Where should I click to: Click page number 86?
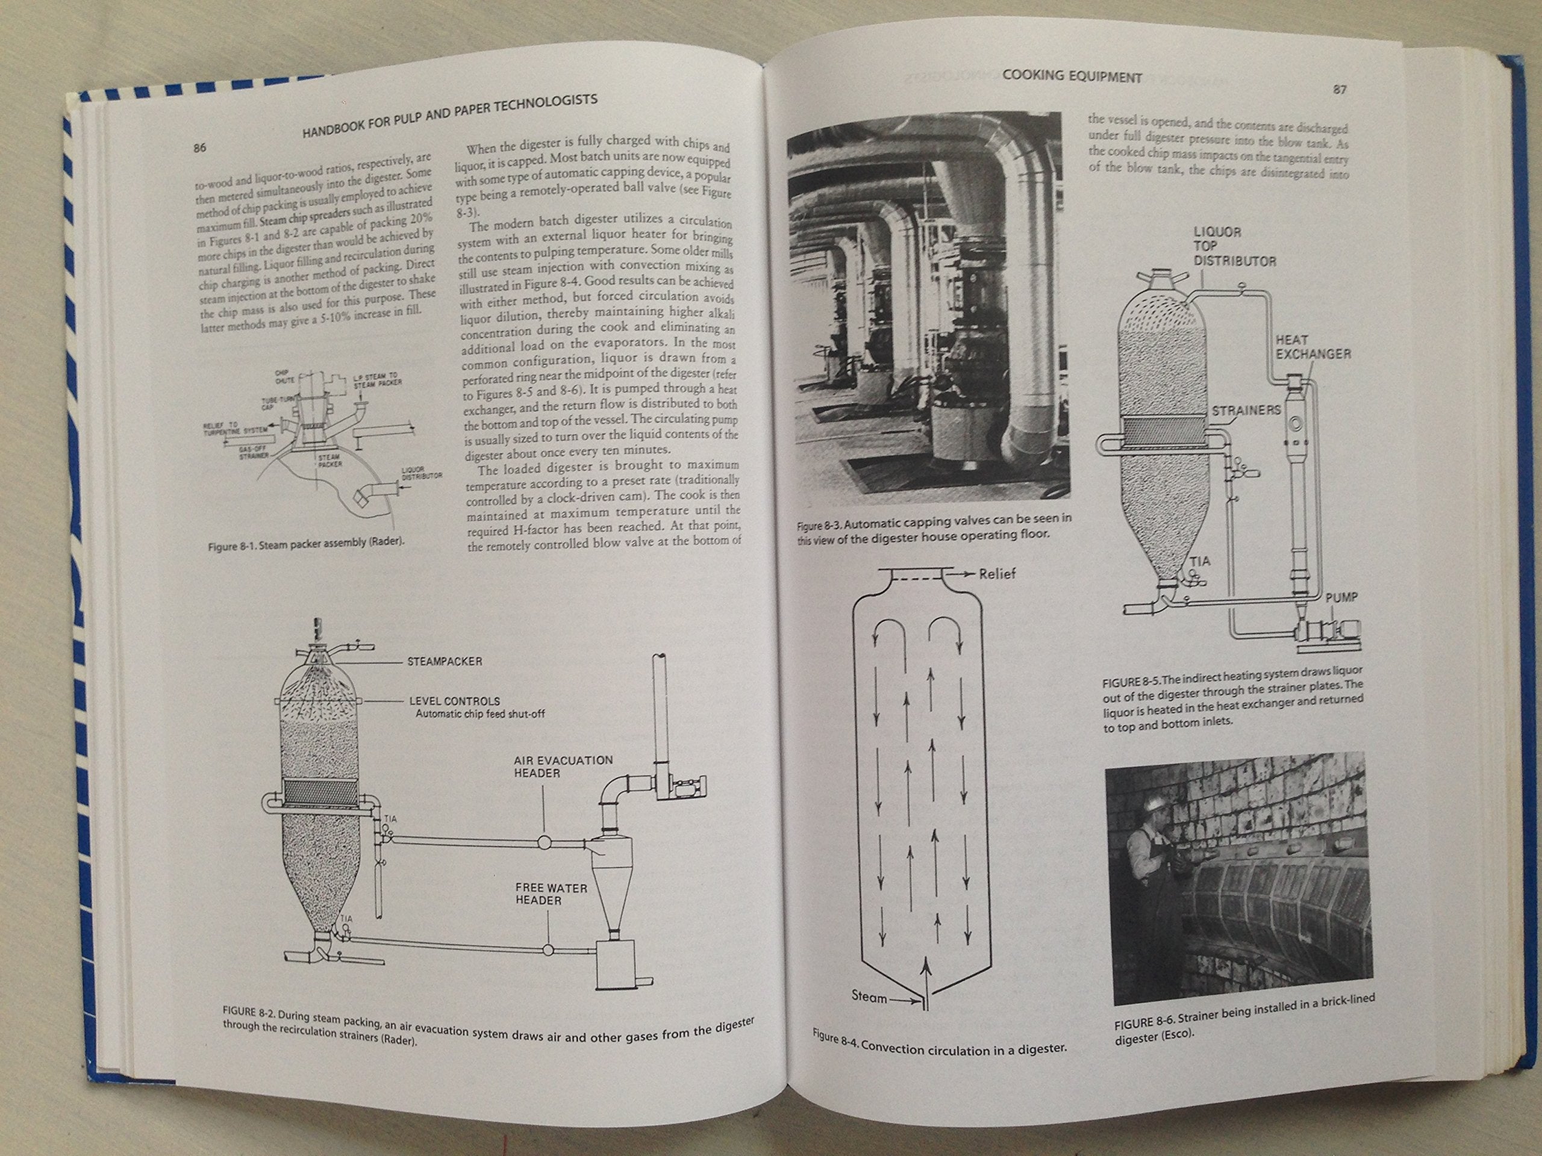[x=200, y=148]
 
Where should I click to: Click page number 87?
[x=1339, y=89]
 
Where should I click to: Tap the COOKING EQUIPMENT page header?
[x=1072, y=77]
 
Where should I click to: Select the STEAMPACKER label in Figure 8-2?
[x=445, y=661]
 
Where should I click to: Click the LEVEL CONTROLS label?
[x=455, y=701]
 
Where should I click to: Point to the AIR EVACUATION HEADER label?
[x=563, y=766]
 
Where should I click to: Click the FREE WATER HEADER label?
[x=551, y=894]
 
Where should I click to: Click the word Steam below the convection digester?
[x=869, y=996]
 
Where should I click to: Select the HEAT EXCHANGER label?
[x=1313, y=347]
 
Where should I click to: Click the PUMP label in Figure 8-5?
[x=1341, y=598]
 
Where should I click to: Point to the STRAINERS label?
[x=1246, y=411]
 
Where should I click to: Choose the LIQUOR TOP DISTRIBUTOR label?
[x=1234, y=247]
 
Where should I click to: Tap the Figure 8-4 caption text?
[x=939, y=1043]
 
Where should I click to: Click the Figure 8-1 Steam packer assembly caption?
[x=306, y=544]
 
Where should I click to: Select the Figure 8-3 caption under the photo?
[x=934, y=527]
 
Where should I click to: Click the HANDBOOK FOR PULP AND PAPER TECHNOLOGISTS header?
[x=449, y=115]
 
